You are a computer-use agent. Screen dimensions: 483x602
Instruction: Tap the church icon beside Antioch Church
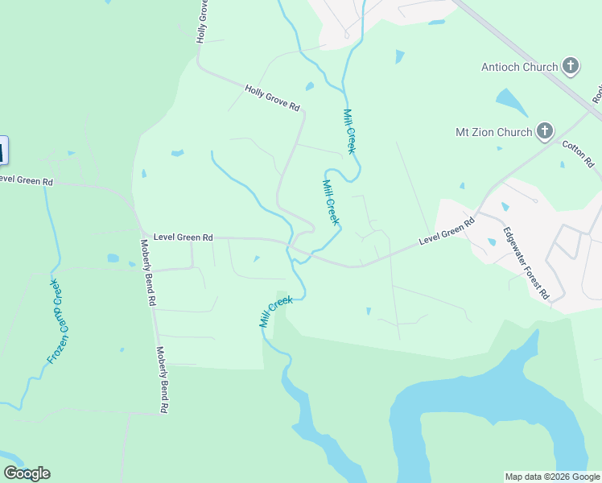tap(571, 66)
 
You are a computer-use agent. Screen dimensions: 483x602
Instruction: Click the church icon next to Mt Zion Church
tap(545, 131)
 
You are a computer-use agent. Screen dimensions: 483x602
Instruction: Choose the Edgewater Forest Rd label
tap(526, 264)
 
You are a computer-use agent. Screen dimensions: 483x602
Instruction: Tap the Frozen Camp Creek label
tap(56, 321)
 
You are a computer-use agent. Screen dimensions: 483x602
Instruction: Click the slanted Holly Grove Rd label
tap(272, 99)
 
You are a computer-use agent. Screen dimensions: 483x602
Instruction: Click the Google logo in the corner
tap(27, 473)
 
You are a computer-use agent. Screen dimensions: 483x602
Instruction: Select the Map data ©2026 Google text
tap(551, 477)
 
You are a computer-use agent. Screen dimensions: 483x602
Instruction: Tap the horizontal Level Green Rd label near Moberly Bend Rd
tap(183, 237)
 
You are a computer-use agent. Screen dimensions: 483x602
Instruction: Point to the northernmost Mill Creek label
tap(349, 131)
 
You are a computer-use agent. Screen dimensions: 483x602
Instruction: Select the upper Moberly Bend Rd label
tap(147, 273)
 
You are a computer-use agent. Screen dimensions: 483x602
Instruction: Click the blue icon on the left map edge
tap(3, 151)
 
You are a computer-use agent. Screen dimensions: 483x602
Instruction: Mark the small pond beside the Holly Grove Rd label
tap(309, 86)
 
